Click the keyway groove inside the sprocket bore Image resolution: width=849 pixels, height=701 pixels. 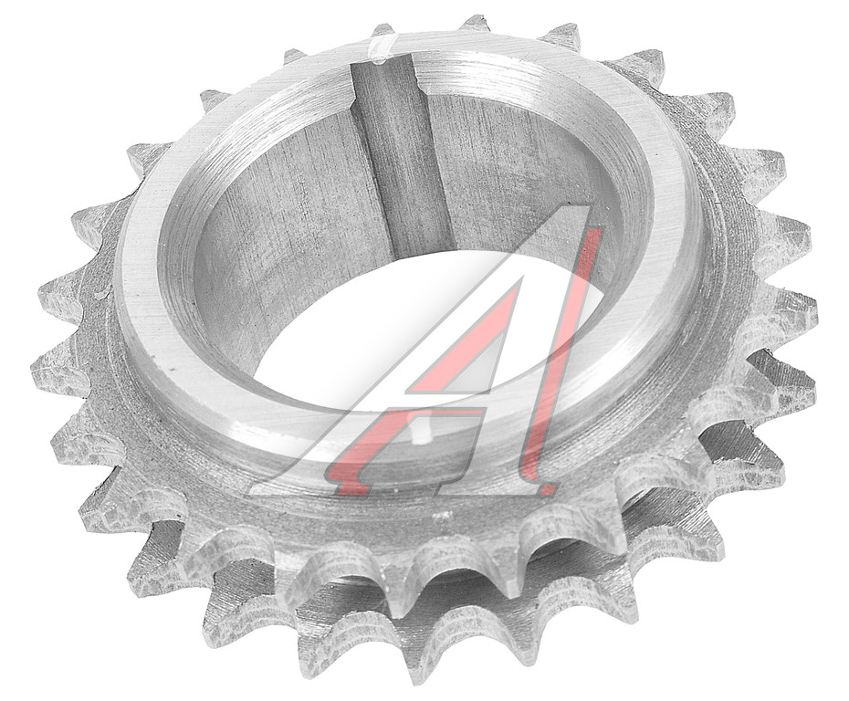(400, 157)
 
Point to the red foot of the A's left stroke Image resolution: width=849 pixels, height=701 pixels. (347, 485)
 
